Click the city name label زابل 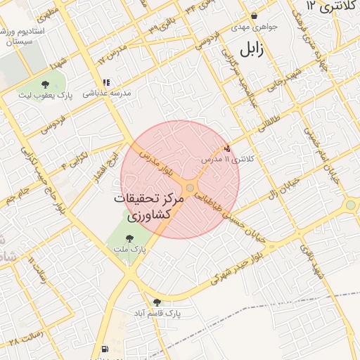[x=251, y=50]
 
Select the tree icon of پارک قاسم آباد [x=157, y=302]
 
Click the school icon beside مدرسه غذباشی [x=106, y=82]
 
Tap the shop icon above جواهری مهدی [x=254, y=15]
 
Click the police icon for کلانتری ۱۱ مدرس [x=227, y=148]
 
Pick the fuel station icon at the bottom [x=105, y=349]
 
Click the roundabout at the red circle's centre [x=190, y=187]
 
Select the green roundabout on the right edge [x=350, y=205]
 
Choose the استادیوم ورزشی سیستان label [x=26, y=37]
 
